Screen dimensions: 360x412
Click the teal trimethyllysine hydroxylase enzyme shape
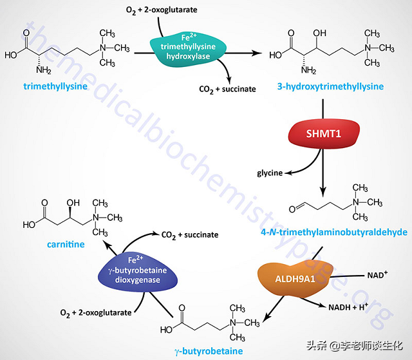tap(187, 45)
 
